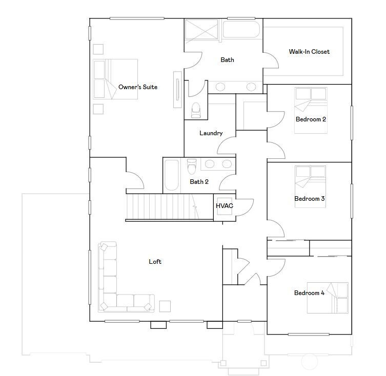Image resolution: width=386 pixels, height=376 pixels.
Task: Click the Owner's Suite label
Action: click(x=138, y=87)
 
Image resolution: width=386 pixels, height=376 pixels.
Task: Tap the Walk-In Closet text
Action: click(x=309, y=52)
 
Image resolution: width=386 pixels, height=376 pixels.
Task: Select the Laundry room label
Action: click(x=211, y=133)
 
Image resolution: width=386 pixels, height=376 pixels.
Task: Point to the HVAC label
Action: click(x=224, y=206)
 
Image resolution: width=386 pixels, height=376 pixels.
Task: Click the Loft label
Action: click(x=155, y=262)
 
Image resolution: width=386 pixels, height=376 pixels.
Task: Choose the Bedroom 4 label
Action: click(x=309, y=293)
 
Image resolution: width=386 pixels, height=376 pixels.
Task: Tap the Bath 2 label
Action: click(x=199, y=182)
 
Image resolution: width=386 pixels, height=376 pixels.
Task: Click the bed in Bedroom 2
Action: click(x=311, y=111)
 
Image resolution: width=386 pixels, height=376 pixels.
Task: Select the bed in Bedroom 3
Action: click(x=310, y=186)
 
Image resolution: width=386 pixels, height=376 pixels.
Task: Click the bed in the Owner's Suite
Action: click(x=115, y=79)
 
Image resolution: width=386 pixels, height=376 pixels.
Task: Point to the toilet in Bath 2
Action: click(x=192, y=166)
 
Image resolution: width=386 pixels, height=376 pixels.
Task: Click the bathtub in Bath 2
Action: click(x=171, y=175)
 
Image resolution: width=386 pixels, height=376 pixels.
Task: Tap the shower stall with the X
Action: click(x=201, y=29)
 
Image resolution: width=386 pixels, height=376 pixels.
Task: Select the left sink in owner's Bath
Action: click(x=220, y=87)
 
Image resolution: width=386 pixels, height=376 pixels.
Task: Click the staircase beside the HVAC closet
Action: click(x=169, y=207)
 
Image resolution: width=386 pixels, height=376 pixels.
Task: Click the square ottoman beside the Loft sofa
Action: click(x=165, y=306)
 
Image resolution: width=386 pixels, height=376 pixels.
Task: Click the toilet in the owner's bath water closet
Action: click(x=196, y=111)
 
